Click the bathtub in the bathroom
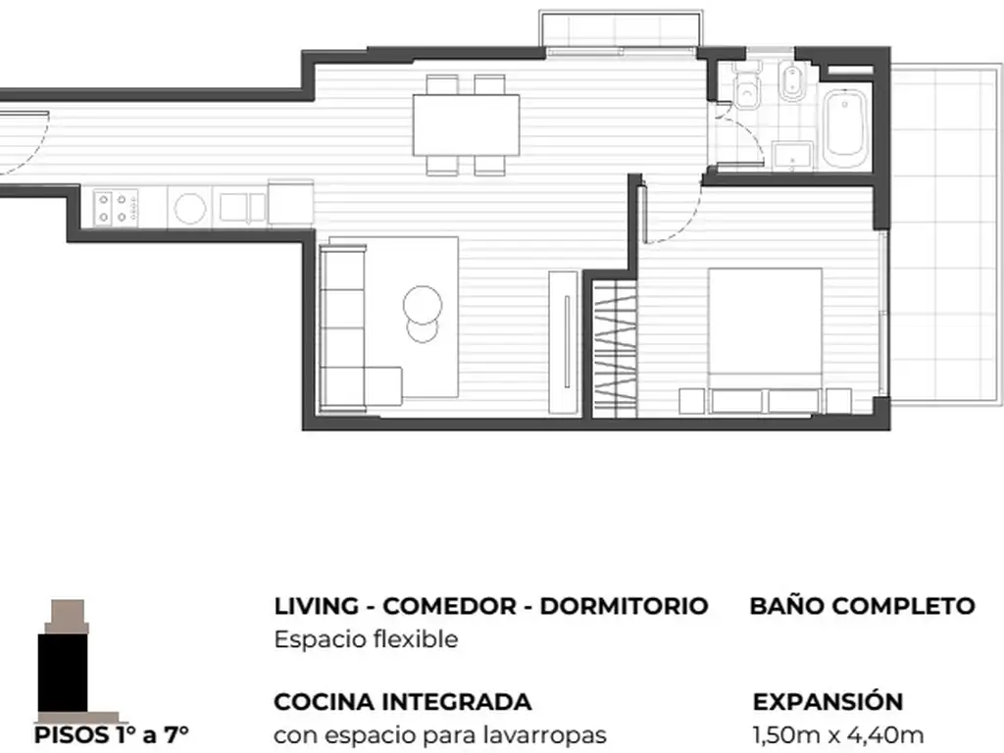tap(845, 128)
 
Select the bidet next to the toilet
tap(792, 82)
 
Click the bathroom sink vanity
tap(793, 157)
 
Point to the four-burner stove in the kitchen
tap(116, 208)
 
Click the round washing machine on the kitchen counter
tap(190, 208)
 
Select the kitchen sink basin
tap(242, 208)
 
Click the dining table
tap(466, 125)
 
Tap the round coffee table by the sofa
tap(423, 305)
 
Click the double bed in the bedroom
tap(765, 340)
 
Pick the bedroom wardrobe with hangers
tap(615, 350)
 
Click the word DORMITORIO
tap(624, 606)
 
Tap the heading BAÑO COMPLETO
tap(862, 605)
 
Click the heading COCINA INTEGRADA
tap(403, 702)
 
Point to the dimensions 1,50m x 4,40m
tap(838, 735)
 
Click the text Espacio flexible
tap(367, 639)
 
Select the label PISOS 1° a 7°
tap(112, 735)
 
